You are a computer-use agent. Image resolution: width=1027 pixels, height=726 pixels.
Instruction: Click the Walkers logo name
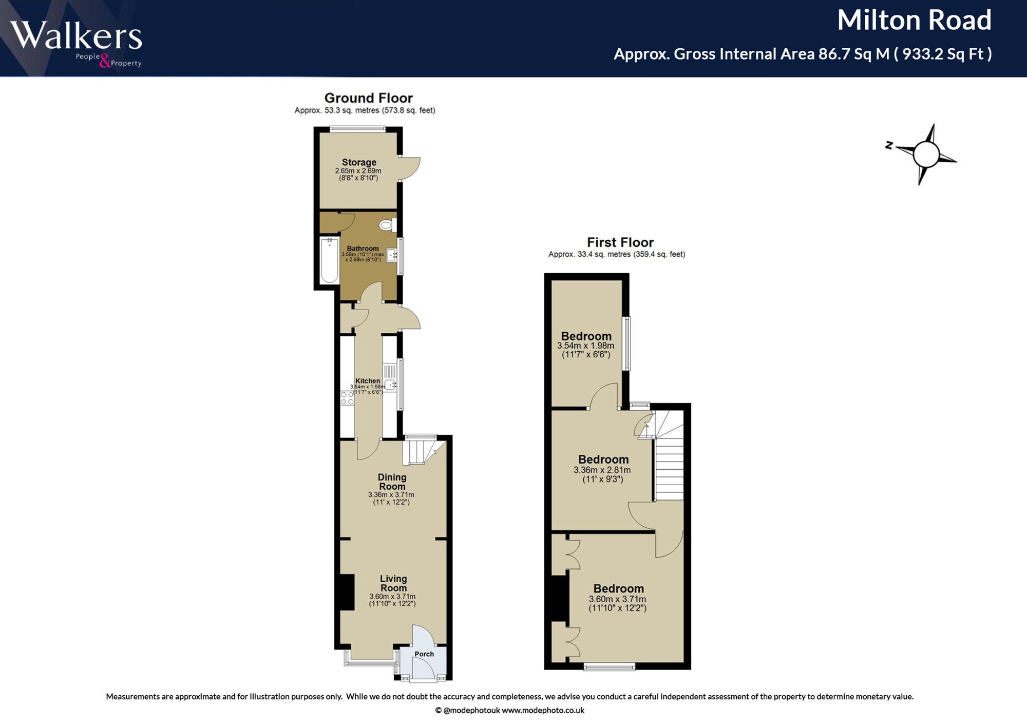click(76, 36)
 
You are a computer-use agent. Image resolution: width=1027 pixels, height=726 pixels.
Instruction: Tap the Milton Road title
click(914, 21)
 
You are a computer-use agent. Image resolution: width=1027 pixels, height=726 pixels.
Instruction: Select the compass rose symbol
click(924, 154)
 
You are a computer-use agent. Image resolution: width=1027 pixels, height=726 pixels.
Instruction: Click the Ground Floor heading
click(368, 98)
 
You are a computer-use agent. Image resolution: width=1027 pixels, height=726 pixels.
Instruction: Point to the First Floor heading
click(620, 242)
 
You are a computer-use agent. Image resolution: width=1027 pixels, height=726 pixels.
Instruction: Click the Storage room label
click(359, 162)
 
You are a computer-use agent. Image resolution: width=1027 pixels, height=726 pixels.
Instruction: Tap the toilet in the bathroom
click(388, 225)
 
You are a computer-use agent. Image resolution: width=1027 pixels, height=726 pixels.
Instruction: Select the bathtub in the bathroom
click(329, 260)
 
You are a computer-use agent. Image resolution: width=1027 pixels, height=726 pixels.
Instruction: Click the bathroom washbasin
click(392, 255)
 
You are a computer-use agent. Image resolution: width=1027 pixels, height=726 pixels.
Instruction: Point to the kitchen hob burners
click(347, 398)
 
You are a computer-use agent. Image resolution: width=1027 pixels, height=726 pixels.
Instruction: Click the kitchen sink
click(390, 377)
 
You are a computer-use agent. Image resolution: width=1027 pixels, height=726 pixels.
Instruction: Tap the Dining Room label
click(392, 482)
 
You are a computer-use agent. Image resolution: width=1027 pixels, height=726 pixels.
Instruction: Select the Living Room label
click(393, 583)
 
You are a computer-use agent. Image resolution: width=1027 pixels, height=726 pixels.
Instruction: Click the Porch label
click(424, 654)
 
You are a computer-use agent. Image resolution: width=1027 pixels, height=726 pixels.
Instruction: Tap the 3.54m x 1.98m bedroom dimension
click(585, 346)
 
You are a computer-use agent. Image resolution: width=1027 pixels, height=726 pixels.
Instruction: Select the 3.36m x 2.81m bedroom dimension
click(602, 470)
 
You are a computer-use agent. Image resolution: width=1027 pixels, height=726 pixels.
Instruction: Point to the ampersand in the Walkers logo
click(105, 62)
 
